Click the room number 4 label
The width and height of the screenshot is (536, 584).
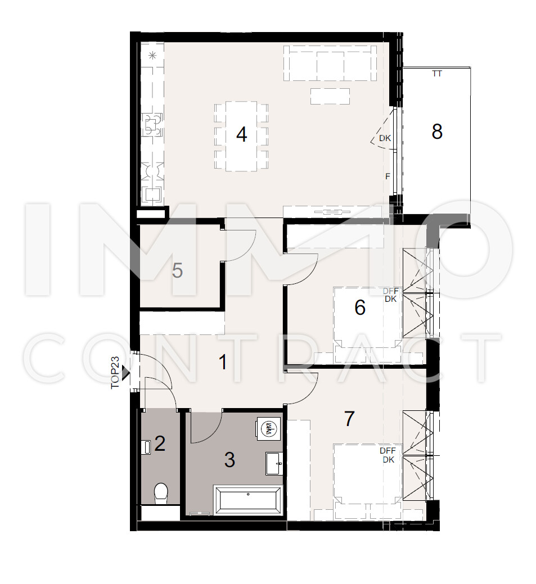point(241,134)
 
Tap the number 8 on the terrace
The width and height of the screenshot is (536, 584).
point(437,132)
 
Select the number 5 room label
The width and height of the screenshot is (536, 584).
point(177,270)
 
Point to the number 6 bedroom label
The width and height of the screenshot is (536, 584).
point(360,307)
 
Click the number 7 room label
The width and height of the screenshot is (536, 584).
point(349,419)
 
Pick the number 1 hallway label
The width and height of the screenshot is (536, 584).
point(223,362)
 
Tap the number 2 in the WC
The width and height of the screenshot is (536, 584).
point(160,443)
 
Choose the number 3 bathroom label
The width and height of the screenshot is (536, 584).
point(229,460)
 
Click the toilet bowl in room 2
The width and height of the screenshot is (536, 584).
point(161,494)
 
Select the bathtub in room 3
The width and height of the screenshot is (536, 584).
point(248,500)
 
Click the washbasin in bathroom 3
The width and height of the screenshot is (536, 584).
point(274,464)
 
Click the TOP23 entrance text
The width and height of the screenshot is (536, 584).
point(115,373)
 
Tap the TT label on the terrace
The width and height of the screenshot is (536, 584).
point(437,74)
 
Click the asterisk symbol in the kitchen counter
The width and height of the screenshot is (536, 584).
point(152,56)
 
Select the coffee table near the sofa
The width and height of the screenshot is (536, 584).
point(330,97)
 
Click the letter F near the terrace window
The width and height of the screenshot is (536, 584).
point(388,176)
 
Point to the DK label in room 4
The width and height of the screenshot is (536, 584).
point(385,138)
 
